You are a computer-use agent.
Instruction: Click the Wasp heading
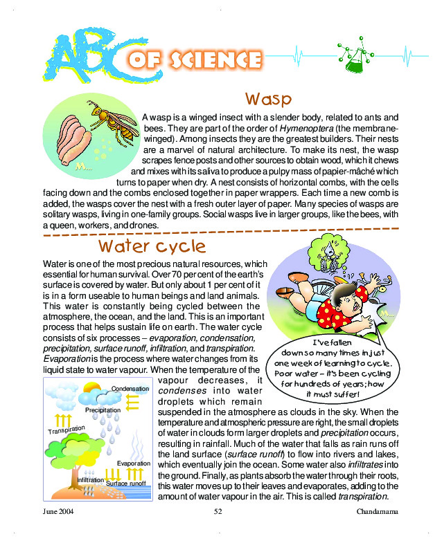pos(268,98)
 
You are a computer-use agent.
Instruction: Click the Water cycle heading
pos(152,246)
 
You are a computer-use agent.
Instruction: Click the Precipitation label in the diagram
pos(103,410)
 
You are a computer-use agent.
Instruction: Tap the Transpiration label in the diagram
pos(67,429)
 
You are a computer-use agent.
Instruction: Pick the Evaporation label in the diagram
pos(134,463)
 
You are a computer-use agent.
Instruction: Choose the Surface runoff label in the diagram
pos(125,484)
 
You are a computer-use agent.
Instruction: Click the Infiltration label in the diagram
pos(91,479)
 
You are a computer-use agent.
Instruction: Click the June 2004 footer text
pos(58,511)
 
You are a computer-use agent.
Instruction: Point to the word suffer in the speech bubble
pos(344,394)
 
